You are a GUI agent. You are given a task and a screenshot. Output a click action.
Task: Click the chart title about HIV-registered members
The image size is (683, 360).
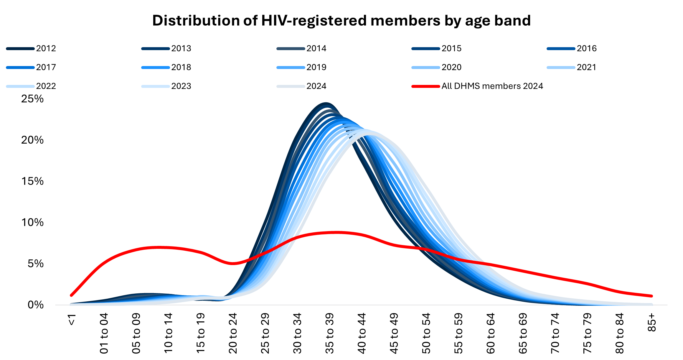pyautogui.click(x=341, y=21)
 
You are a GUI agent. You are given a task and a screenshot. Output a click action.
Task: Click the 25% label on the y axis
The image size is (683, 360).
pyautogui.click(x=32, y=99)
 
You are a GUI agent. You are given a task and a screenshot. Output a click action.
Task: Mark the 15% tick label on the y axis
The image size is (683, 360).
pyautogui.click(x=32, y=181)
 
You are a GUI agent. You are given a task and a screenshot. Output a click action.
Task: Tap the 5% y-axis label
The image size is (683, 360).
pyautogui.click(x=35, y=264)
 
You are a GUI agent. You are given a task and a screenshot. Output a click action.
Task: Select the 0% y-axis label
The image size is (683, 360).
pyautogui.click(x=35, y=305)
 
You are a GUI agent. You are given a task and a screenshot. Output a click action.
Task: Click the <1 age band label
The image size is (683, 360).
pyautogui.click(x=72, y=320)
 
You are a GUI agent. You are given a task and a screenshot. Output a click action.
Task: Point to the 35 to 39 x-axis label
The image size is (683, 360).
pyautogui.click(x=330, y=333)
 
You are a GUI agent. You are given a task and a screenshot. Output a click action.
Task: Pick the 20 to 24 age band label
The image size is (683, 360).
pyautogui.click(x=233, y=333)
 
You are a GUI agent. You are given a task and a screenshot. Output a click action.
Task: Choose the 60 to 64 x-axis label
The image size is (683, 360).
pyautogui.click(x=491, y=333)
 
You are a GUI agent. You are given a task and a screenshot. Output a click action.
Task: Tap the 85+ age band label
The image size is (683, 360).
pyautogui.click(x=652, y=323)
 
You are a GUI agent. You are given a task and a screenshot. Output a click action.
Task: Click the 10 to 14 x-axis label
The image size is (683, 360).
pyautogui.click(x=169, y=333)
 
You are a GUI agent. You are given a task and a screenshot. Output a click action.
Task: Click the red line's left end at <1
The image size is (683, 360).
pyautogui.click(x=72, y=295)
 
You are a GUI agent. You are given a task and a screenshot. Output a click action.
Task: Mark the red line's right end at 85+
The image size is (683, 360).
pyautogui.click(x=651, y=296)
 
